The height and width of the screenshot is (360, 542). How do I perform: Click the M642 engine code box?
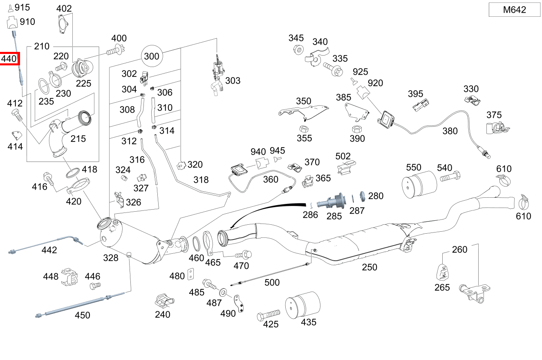[514, 10]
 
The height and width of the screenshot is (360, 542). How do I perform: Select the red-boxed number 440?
[9, 59]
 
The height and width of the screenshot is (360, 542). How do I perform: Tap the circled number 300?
[152, 56]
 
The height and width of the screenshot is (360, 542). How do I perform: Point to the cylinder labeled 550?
[419, 185]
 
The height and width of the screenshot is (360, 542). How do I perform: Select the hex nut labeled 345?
[298, 50]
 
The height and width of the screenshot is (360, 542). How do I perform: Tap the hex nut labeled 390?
[356, 129]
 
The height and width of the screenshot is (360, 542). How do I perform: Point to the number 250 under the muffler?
[369, 267]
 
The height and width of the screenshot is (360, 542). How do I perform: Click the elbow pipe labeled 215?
[61, 135]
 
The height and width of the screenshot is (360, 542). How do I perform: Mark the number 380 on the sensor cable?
[450, 131]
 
